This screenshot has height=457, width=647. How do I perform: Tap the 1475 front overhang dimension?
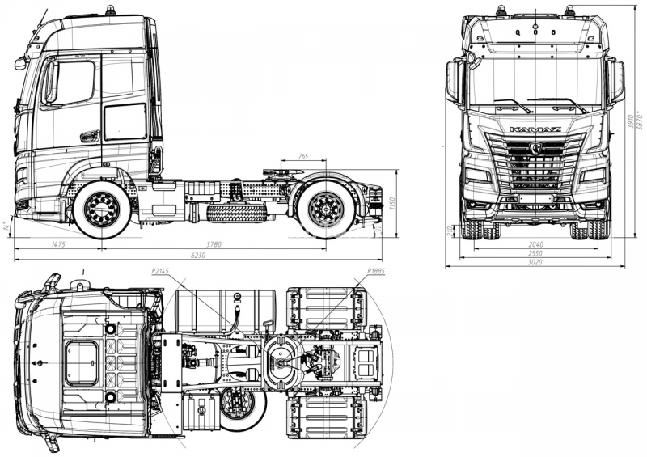(x=57, y=243)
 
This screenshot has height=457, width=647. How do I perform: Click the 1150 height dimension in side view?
(x=391, y=205)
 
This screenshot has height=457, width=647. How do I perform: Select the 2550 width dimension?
(x=535, y=252)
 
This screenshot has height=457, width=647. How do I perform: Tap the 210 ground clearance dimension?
(x=450, y=231)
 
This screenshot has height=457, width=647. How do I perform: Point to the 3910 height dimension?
(x=631, y=123)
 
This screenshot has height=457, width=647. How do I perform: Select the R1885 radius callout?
(x=374, y=272)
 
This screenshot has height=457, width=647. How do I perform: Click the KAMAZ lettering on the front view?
(x=535, y=129)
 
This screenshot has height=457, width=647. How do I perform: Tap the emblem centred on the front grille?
(x=535, y=147)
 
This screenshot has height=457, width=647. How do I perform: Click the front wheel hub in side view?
(x=102, y=209)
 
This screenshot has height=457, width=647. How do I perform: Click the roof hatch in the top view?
(x=82, y=362)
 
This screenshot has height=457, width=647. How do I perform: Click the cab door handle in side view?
(x=89, y=135)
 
